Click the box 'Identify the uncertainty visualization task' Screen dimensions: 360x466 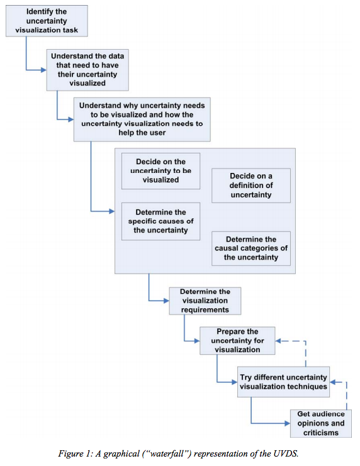[x=47, y=21]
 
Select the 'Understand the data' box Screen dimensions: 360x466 [x=87, y=70]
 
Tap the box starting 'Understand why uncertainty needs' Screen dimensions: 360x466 [x=142, y=119]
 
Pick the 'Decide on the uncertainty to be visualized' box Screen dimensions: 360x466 [x=160, y=171]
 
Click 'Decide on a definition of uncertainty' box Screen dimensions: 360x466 [x=251, y=186]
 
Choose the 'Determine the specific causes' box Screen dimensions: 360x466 [x=160, y=221]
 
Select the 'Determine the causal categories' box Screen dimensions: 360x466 [x=251, y=248]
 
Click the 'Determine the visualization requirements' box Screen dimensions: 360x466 [x=205, y=301]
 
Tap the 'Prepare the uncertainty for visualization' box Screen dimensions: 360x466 [x=237, y=341]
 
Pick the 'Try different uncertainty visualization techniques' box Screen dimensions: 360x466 [x=283, y=382]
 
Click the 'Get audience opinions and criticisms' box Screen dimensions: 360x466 [x=321, y=423]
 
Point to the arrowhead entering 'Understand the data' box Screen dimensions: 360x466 [x=43, y=70]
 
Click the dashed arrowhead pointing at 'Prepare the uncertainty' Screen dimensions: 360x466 [x=278, y=341]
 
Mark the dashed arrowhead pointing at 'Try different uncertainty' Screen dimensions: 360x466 [x=333, y=382]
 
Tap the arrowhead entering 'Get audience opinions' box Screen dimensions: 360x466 [x=288, y=423]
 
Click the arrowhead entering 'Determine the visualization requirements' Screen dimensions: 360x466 [x=167, y=301]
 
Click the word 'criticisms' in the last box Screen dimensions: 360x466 [x=321, y=433]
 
